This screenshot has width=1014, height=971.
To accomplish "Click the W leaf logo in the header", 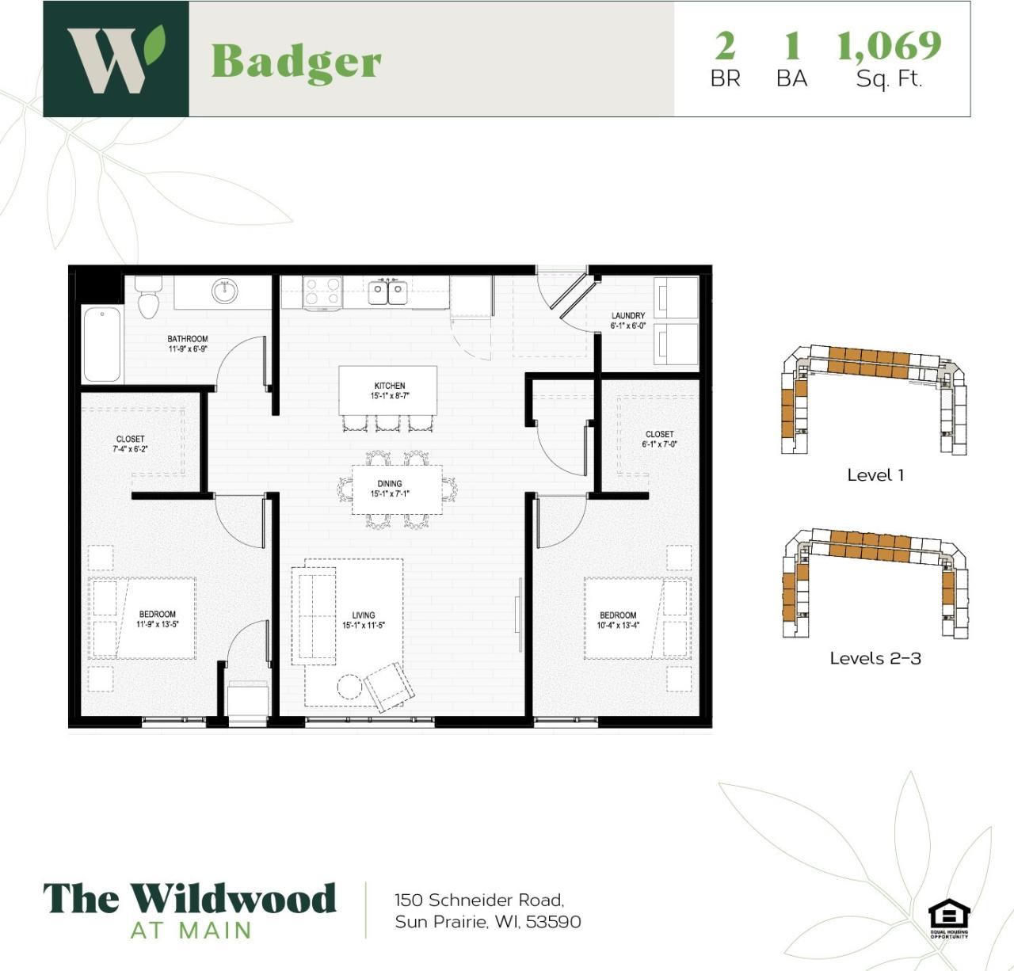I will point(116,59).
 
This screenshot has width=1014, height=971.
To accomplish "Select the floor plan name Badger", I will point(296,61).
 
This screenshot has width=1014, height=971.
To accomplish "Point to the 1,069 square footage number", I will point(889,46).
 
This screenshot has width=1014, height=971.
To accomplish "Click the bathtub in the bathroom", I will point(102,344).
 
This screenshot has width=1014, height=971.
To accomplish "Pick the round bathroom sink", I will point(224,291).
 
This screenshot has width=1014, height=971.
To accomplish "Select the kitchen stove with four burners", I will point(322,292).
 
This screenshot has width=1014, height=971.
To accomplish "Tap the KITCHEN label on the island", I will point(390,386).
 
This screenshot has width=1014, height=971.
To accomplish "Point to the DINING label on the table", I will point(390,483).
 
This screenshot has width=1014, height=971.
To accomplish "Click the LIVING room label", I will point(364,615).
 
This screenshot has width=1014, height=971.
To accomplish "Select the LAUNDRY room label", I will point(628,315).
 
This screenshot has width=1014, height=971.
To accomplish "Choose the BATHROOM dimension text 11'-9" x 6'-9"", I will point(188,348).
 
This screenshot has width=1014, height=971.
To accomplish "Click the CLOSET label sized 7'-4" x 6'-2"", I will point(131,439).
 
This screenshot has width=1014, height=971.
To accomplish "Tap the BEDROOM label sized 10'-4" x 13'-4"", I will point(618,615).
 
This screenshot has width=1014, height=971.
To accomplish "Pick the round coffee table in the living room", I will point(349,686).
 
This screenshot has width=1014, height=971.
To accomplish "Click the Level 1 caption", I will point(875,475).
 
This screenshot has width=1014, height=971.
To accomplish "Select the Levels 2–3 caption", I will point(875,658).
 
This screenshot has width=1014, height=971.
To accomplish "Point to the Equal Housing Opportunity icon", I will point(949,917).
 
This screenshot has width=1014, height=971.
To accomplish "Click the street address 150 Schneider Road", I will point(479,900).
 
